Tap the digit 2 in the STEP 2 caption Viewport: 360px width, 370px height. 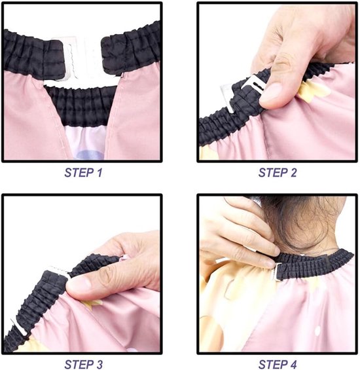[x=293, y=173]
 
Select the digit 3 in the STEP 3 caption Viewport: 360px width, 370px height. [x=98, y=364]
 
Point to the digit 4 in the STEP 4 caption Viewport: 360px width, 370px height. [x=293, y=364]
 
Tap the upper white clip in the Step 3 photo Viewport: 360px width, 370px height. [x=61, y=272]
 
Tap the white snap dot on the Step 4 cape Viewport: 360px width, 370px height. [x=317, y=329]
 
